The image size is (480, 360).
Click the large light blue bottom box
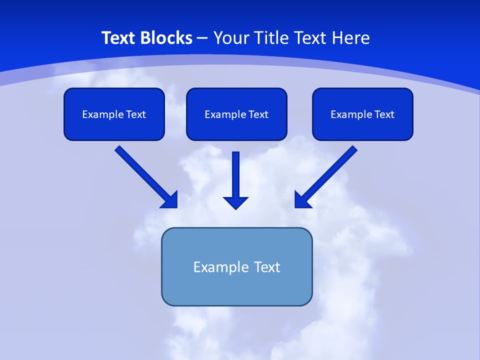(x=236, y=287)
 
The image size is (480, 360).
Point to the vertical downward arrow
(x=236, y=175)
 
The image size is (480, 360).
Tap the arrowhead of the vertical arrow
(x=236, y=202)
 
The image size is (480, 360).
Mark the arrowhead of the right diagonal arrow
(x=302, y=200)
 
